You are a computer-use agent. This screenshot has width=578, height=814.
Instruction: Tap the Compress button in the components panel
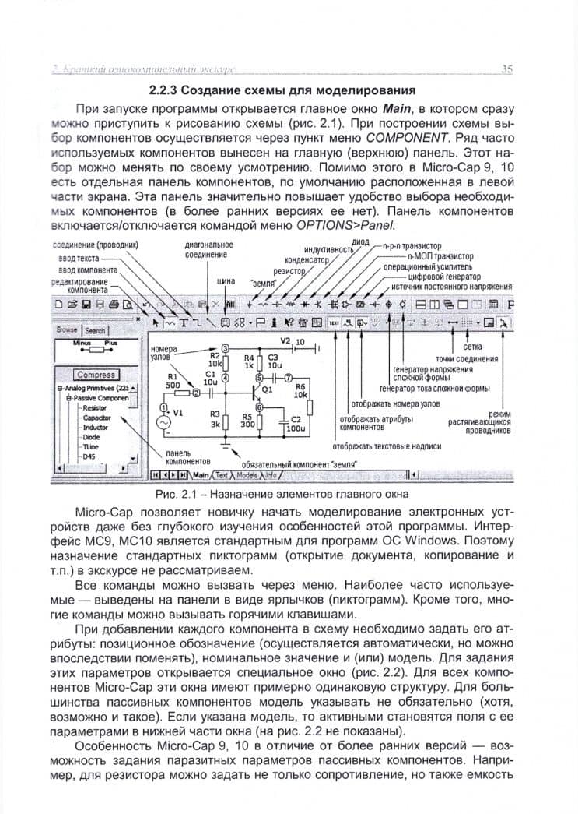[x=96, y=375]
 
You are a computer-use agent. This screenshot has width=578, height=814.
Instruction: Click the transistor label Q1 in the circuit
[x=268, y=388]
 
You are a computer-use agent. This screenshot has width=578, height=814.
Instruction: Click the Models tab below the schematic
[x=247, y=474]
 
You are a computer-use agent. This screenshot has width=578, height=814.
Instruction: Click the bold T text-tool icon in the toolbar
[x=184, y=321]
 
